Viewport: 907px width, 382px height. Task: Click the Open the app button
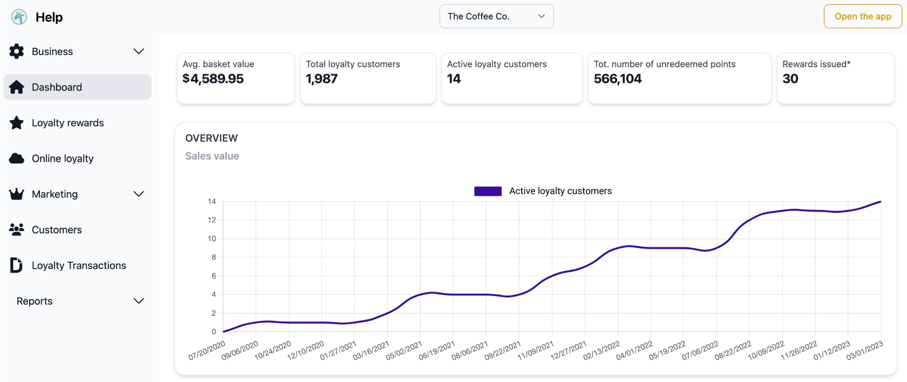[862, 16]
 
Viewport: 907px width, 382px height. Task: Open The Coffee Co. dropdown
[496, 16]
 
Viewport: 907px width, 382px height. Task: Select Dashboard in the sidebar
[57, 87]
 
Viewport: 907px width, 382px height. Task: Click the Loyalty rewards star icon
[16, 123]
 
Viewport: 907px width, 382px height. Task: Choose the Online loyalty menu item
[62, 158]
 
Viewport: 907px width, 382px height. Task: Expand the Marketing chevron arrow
[139, 194]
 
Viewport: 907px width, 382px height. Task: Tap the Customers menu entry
[57, 230]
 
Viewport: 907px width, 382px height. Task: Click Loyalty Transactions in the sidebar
[79, 265]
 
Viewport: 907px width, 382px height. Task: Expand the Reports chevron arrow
[139, 301]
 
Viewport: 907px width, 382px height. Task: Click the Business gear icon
[16, 51]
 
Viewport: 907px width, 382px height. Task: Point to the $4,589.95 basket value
[213, 79]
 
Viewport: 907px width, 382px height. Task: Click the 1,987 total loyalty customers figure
[322, 79]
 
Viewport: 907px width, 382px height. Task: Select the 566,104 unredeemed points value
[617, 79]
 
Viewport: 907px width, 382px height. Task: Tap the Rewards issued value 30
[790, 79]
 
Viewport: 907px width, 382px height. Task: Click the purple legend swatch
[488, 191]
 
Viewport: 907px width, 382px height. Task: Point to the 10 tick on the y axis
[212, 238]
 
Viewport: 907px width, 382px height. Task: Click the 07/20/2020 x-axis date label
[207, 351]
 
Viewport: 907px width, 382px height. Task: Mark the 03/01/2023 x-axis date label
[864, 351]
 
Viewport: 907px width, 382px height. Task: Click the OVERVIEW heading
[211, 138]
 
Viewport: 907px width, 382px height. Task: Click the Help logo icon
[19, 17]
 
